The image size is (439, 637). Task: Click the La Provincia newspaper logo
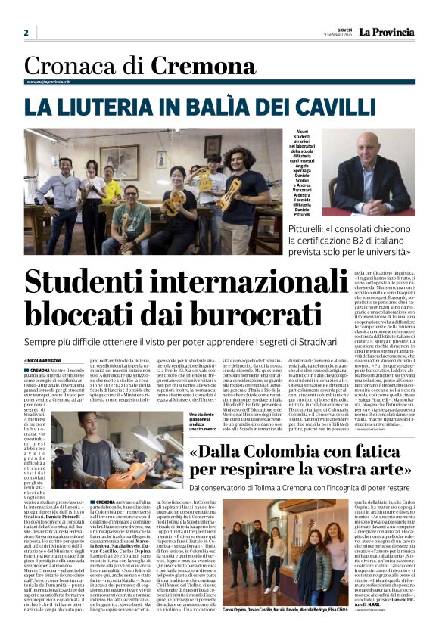coord(386,32)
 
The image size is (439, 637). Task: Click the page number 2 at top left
coord(26,33)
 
